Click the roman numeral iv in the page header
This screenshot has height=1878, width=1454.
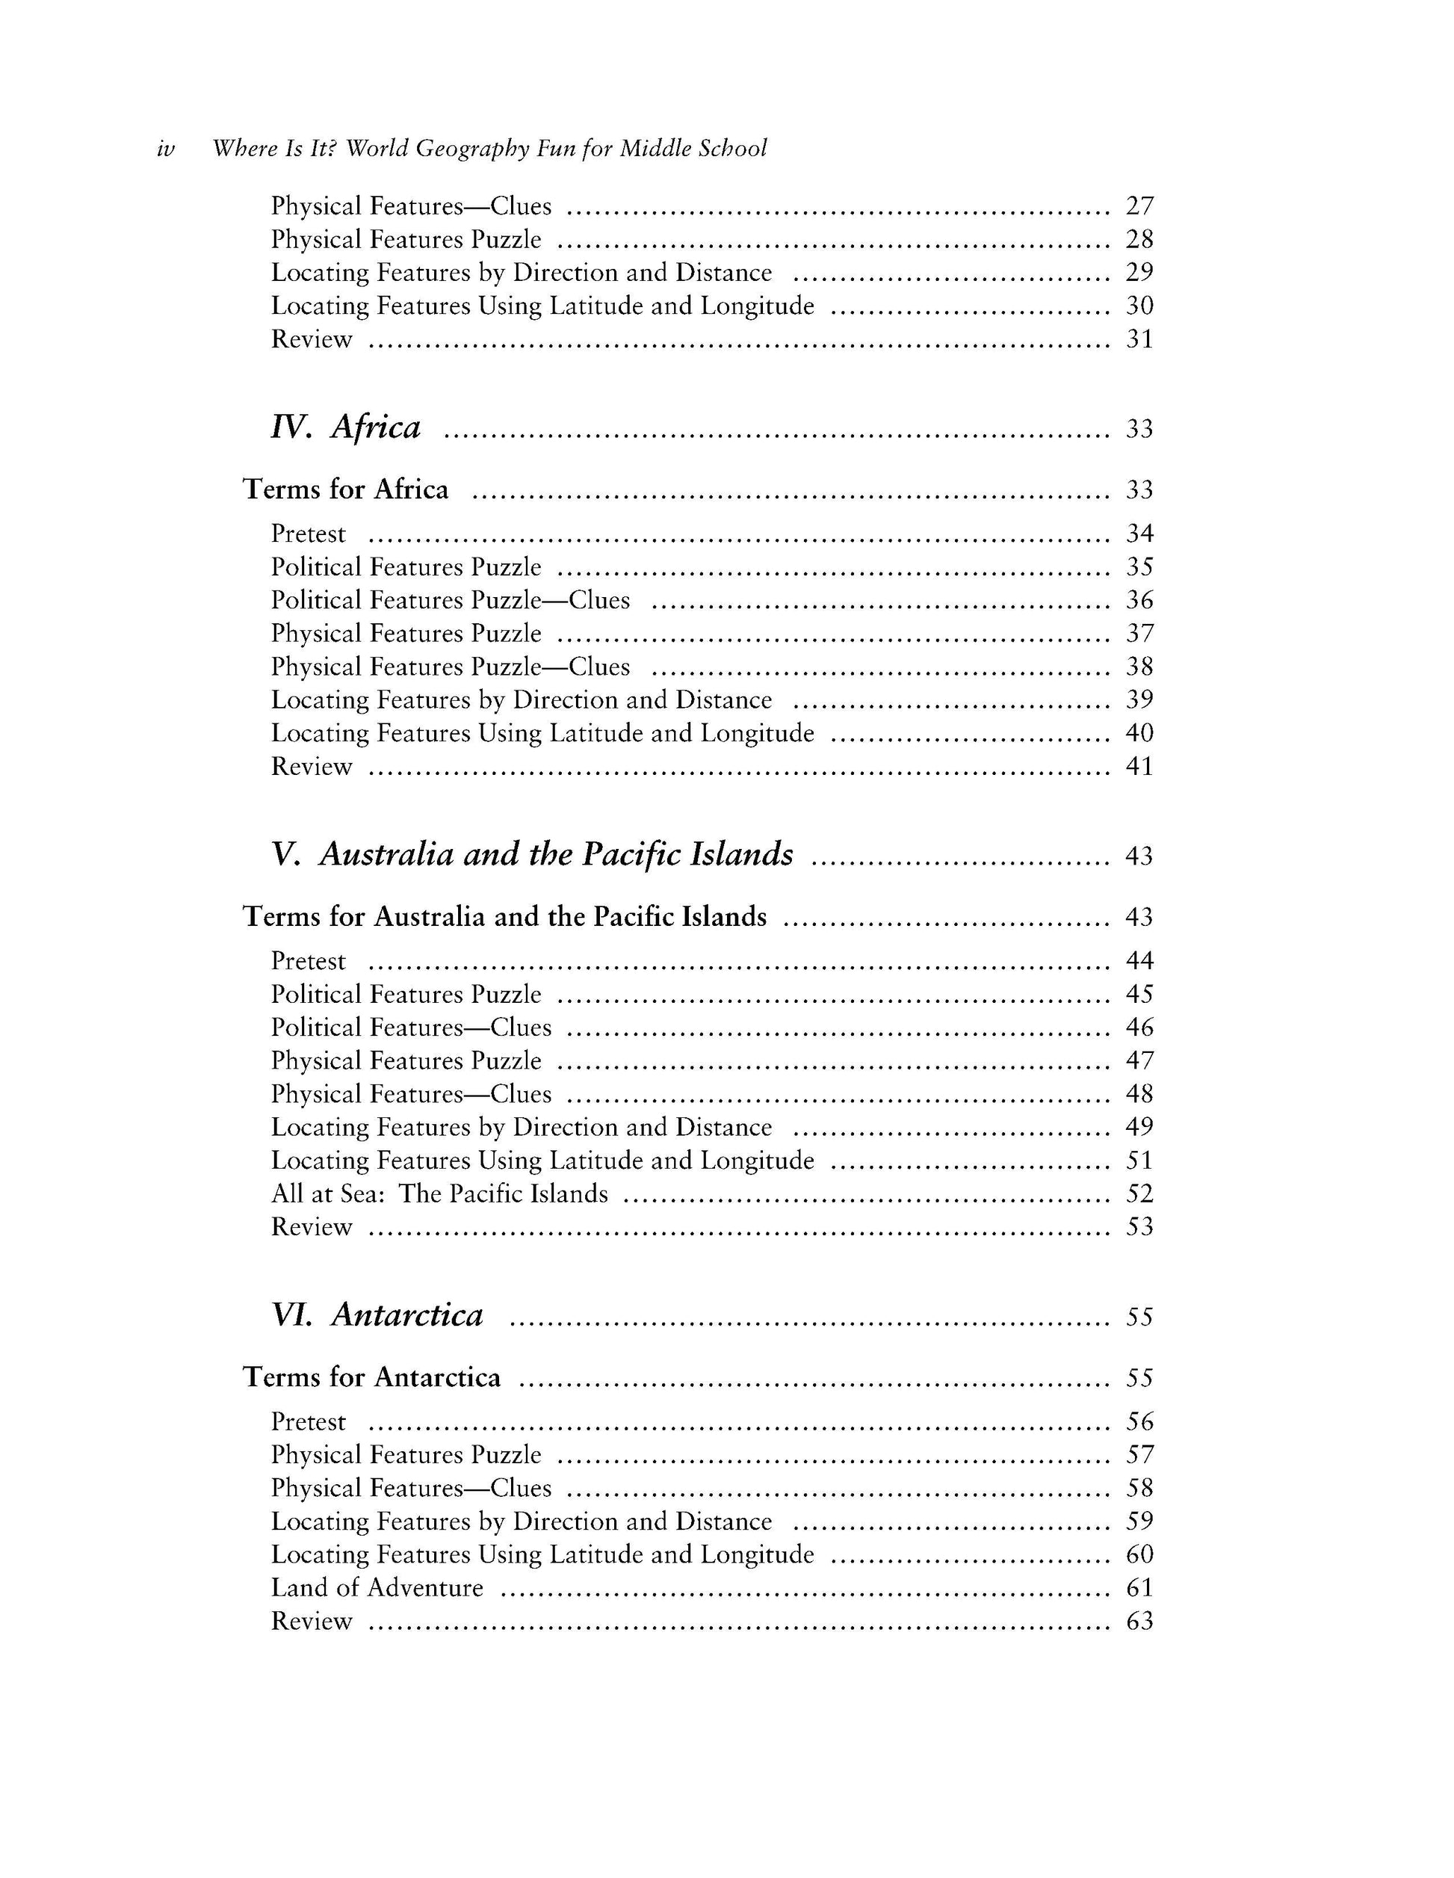tap(166, 149)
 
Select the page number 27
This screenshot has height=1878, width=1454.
tap(1139, 206)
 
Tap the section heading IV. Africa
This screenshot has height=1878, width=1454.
tap(346, 427)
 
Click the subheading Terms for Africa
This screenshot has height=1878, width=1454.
tap(346, 489)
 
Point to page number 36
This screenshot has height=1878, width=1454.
tap(1139, 600)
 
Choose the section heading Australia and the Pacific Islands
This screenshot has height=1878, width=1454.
tap(555, 855)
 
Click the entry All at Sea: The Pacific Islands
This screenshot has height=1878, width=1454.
tap(439, 1193)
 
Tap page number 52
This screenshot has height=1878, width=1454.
tap(1139, 1193)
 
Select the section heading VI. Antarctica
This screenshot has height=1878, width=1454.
tap(377, 1315)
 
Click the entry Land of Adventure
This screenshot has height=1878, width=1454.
tap(377, 1587)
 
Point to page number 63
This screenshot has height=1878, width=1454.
tap(1139, 1621)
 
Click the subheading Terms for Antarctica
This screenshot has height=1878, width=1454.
tap(371, 1377)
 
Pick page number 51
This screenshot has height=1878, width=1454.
tap(1139, 1161)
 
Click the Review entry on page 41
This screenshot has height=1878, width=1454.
tap(312, 766)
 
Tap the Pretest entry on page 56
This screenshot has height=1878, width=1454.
tap(308, 1421)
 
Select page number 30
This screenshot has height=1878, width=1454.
tap(1139, 306)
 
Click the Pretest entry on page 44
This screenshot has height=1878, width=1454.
tap(308, 960)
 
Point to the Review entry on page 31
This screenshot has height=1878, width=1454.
tap(312, 340)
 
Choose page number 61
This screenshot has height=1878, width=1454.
tap(1139, 1587)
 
